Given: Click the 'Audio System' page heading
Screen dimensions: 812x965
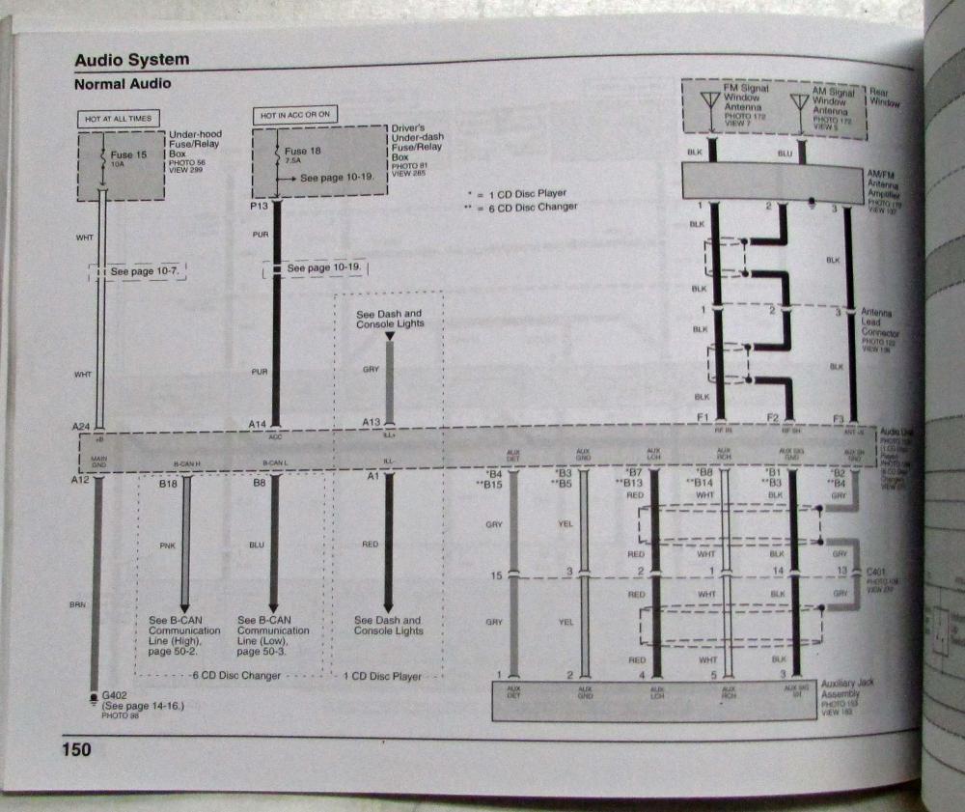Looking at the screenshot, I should [x=132, y=60].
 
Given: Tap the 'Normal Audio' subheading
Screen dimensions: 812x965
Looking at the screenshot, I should [x=123, y=84].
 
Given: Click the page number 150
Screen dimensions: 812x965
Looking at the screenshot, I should [x=76, y=748].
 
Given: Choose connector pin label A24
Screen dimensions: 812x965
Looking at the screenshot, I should [x=81, y=424].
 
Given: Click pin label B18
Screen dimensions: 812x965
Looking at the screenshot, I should [x=170, y=483].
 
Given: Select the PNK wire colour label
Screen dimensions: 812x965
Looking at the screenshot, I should [x=166, y=546].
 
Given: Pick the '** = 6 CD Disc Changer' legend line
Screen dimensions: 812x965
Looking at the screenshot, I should [x=520, y=207].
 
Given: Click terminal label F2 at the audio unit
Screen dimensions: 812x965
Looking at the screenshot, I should [x=772, y=417].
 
